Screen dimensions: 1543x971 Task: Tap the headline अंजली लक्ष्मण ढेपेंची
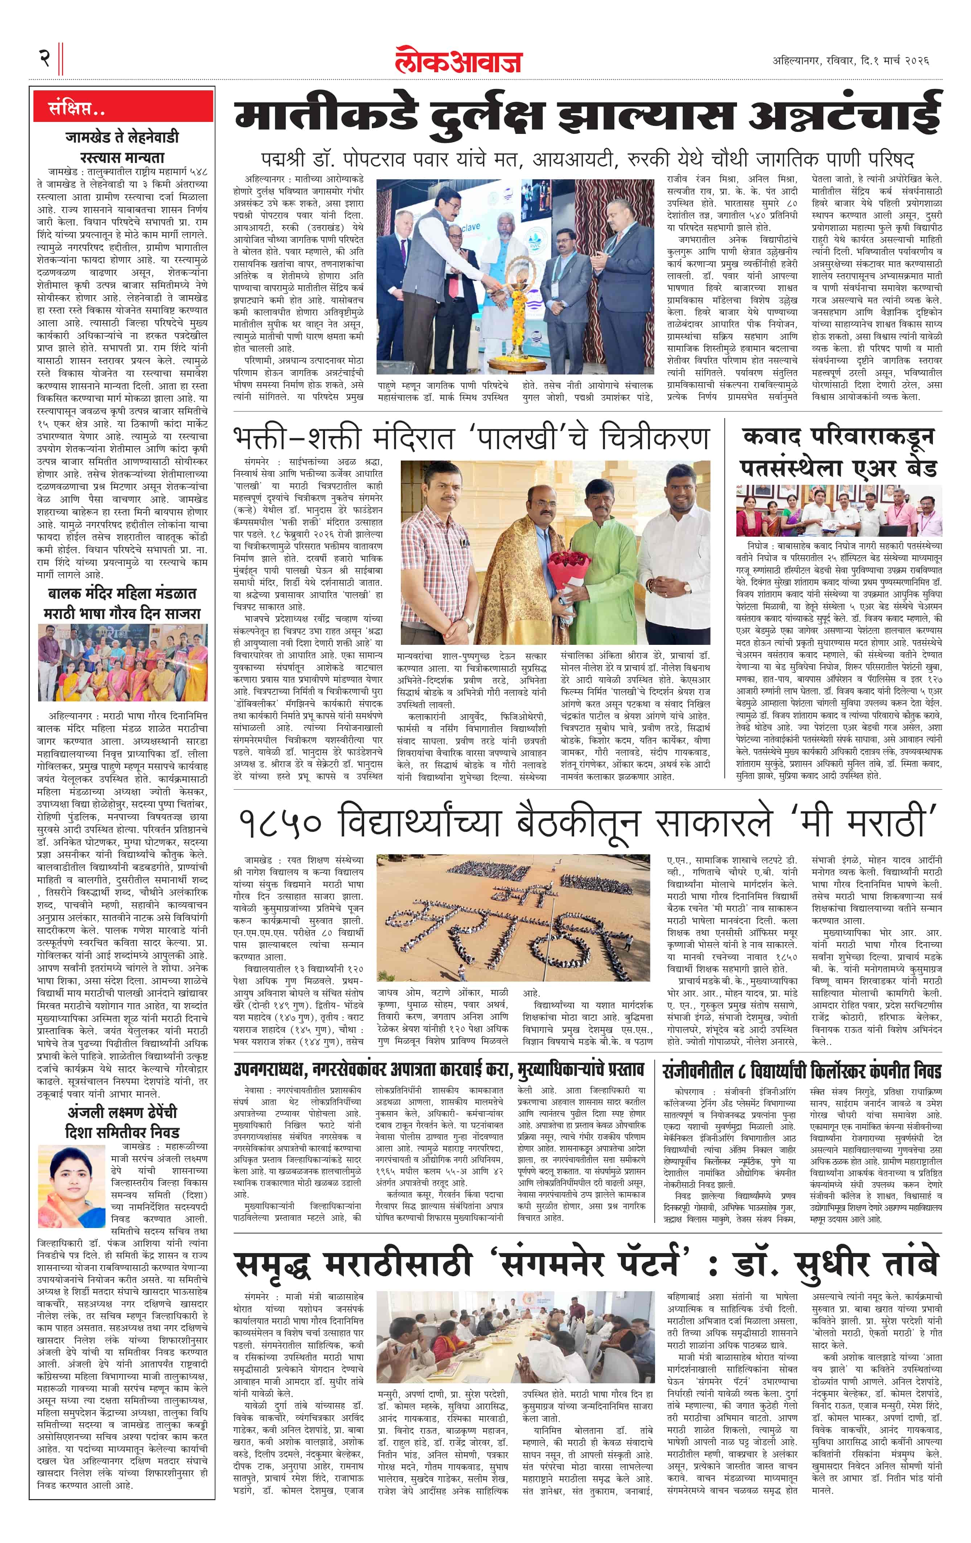click(x=122, y=1112)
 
